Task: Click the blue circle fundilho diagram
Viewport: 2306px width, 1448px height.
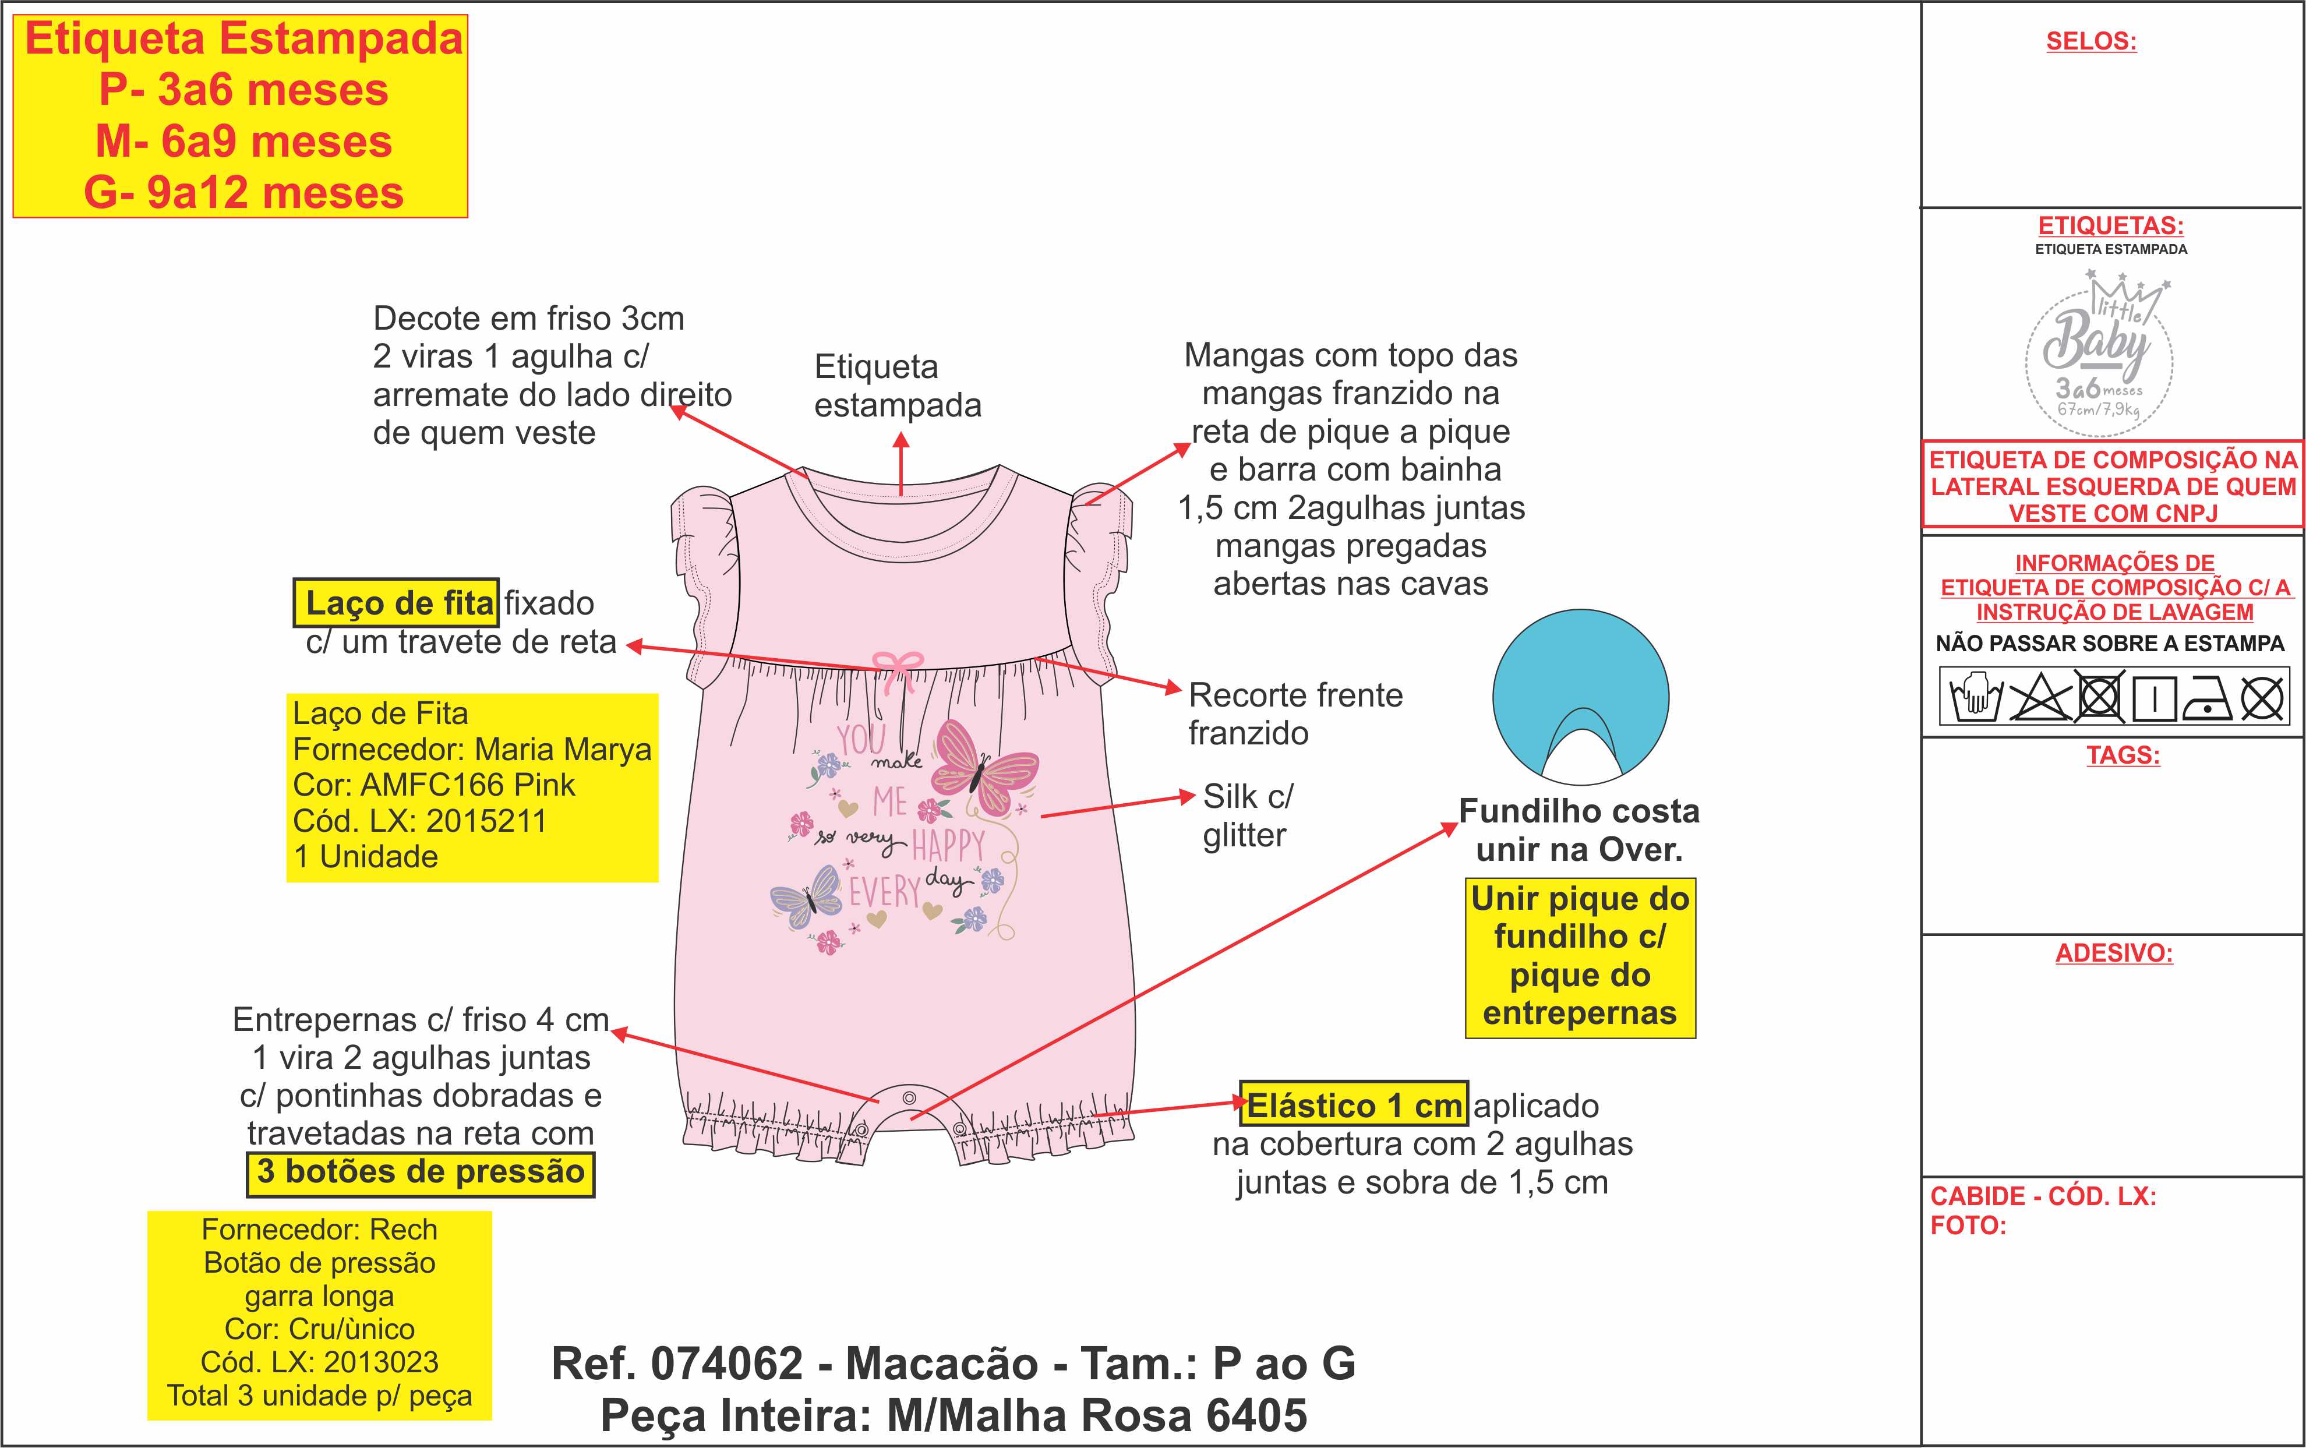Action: click(1580, 697)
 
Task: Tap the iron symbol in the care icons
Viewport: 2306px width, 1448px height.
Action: click(2206, 697)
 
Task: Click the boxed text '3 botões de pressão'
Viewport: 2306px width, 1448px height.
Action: click(421, 1171)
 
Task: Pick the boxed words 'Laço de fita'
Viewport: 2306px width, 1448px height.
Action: click(397, 603)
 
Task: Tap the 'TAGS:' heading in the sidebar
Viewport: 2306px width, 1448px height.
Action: click(2123, 755)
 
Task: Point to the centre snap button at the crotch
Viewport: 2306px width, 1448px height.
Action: click(910, 1097)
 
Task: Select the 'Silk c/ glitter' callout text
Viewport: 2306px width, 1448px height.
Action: click(1248, 815)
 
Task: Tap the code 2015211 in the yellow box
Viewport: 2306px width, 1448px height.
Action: click(486, 821)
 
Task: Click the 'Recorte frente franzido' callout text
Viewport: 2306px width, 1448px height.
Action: click(1295, 714)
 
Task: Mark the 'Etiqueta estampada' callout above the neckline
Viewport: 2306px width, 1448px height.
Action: click(898, 386)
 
